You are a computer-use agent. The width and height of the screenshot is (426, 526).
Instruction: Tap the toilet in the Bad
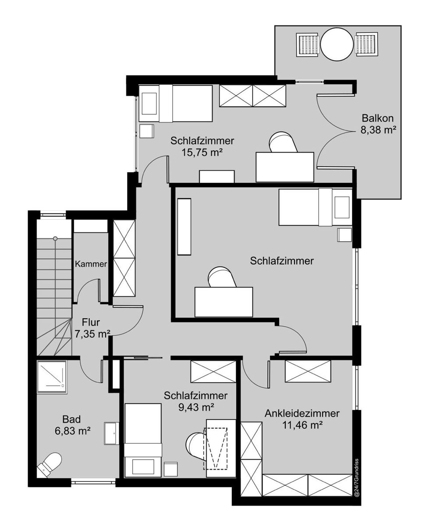[50, 464]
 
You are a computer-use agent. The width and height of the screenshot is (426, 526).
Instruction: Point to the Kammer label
[91, 264]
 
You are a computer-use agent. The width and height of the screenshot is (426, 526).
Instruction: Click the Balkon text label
[377, 118]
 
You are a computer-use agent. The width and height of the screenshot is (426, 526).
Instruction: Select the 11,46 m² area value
[302, 426]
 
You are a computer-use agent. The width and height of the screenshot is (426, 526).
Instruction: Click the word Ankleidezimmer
[302, 413]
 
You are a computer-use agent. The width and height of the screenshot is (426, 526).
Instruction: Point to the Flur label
[91, 322]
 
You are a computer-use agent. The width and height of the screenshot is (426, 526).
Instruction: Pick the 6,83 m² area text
[72, 431]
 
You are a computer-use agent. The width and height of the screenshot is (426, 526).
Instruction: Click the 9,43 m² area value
[196, 408]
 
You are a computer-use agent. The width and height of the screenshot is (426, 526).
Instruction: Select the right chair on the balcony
[366, 44]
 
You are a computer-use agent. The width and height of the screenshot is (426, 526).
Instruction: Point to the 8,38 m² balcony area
[377, 130]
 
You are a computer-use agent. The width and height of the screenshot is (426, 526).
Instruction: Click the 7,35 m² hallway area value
[92, 334]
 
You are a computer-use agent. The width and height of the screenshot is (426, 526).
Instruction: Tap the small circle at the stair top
[55, 238]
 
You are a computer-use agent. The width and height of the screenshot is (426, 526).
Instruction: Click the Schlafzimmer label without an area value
[282, 261]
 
